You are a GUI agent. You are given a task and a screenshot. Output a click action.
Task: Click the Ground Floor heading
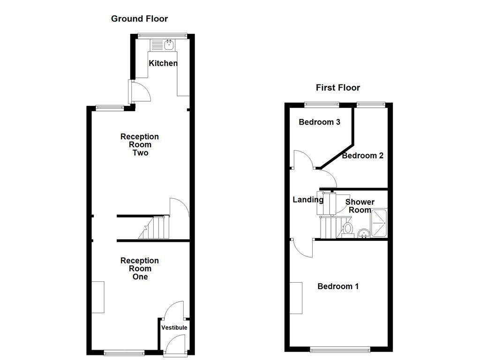139,19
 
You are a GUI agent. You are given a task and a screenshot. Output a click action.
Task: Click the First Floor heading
337,88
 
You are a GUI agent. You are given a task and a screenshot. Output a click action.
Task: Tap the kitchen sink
168,45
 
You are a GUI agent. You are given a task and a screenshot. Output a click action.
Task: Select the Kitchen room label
163,63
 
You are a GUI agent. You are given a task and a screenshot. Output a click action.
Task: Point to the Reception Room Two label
140,144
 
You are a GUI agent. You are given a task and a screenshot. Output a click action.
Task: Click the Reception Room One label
140,269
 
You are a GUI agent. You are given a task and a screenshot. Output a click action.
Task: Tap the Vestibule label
174,328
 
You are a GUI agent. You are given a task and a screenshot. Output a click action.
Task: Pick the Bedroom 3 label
319,122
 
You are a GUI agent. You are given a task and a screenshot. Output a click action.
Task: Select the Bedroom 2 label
362,156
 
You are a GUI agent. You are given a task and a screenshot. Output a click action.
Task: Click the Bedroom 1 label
338,286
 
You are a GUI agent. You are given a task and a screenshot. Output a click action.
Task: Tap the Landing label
308,200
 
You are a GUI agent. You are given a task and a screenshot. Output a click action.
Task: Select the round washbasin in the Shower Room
363,233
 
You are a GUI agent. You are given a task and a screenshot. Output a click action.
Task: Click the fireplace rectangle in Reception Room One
98,297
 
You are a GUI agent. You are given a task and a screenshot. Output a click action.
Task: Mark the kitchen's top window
162,35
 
